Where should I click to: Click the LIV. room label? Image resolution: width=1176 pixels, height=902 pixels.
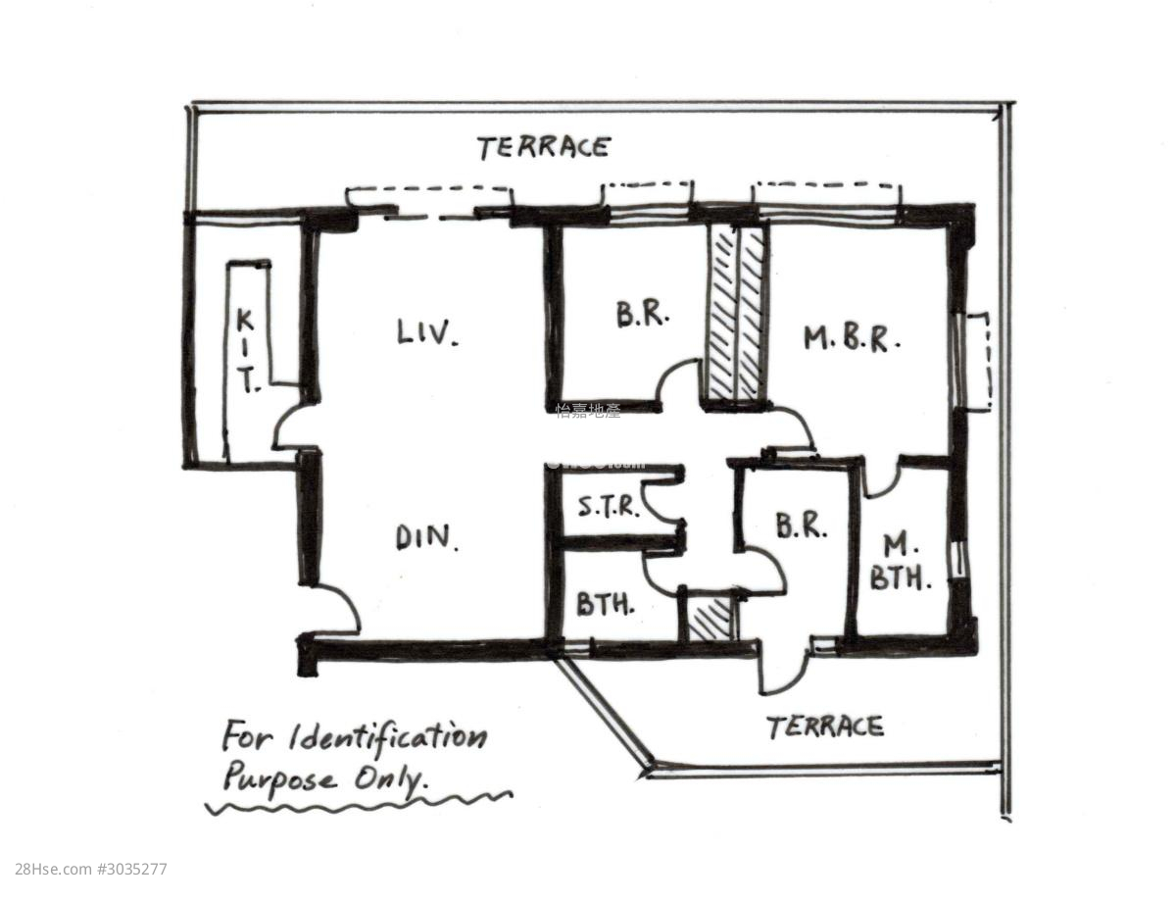427,333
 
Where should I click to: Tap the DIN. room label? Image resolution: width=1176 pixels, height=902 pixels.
427,537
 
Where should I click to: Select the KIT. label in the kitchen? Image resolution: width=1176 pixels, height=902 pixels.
247,350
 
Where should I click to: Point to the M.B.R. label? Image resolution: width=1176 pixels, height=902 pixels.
851,339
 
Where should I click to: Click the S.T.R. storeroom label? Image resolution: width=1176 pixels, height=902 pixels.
608,508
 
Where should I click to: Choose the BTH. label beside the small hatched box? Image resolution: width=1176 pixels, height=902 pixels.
605,604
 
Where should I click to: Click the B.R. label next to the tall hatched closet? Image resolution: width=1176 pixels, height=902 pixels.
643,315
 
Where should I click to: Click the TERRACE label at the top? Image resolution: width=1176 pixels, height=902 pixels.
544,148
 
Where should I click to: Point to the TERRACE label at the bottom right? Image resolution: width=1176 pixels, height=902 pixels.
824,727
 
